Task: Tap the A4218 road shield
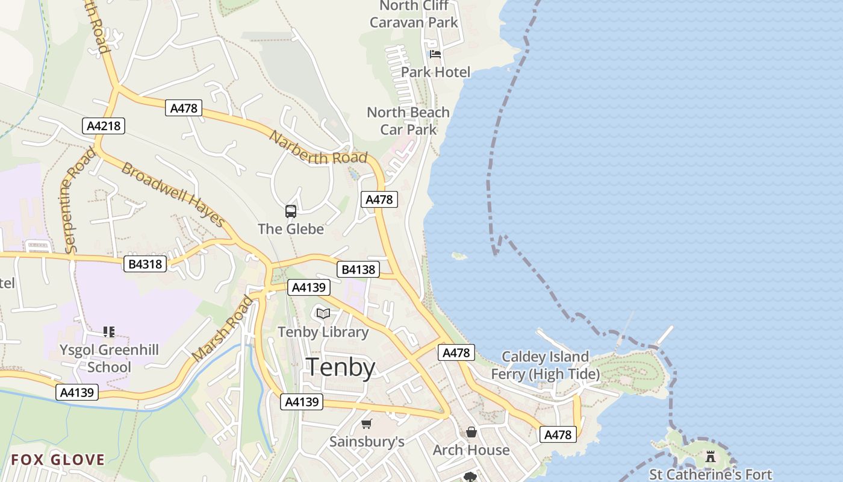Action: pos(103,126)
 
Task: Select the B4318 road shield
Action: pos(146,263)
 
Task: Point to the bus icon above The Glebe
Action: pos(291,211)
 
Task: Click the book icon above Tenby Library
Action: pos(323,313)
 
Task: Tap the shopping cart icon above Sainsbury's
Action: pos(367,424)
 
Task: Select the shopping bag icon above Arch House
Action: pos(471,432)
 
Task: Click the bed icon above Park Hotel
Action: pos(435,54)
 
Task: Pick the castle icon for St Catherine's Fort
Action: pos(711,456)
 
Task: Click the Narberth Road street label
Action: pos(318,148)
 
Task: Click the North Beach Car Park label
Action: pos(408,120)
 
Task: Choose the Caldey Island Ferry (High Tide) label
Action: pos(545,365)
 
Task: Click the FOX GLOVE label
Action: pos(58,460)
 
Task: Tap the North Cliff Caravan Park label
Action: pos(414,14)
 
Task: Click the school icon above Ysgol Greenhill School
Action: pos(109,331)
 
